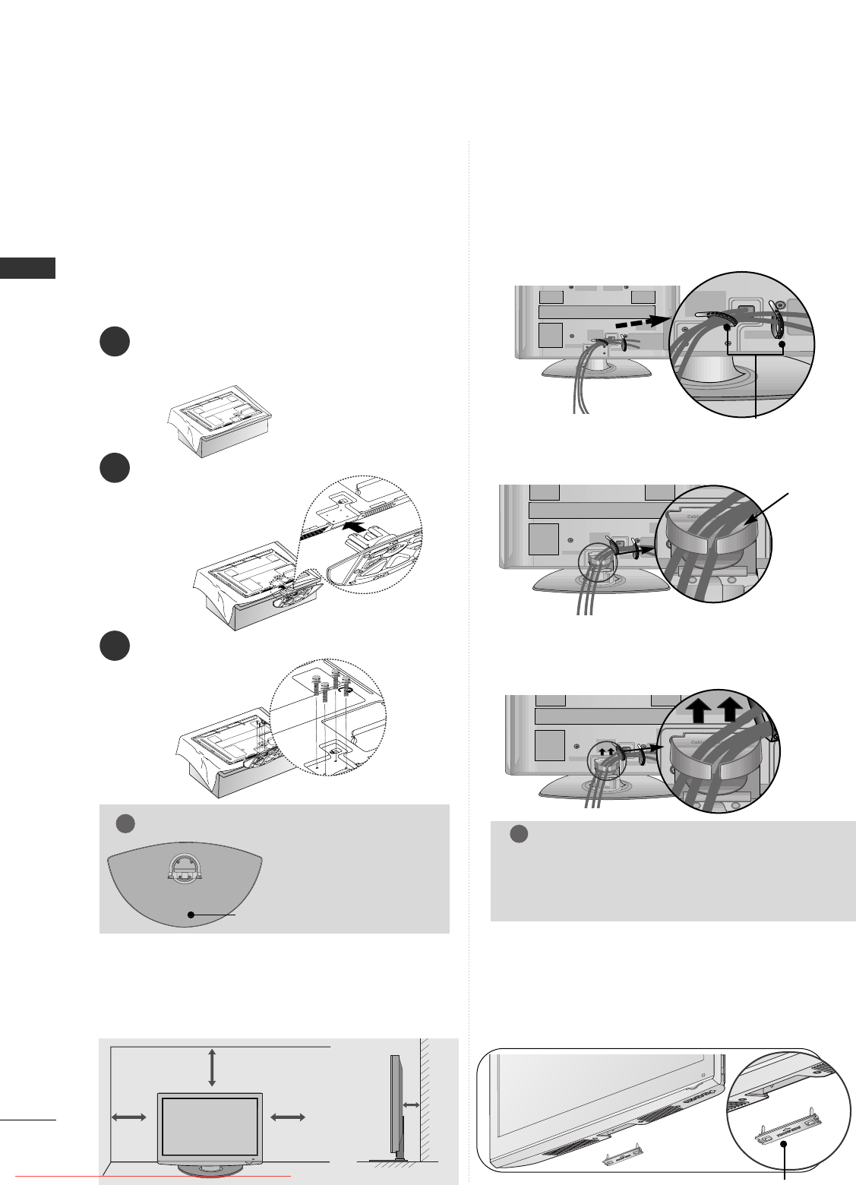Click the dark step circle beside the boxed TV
click(x=114, y=342)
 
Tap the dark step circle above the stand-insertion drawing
click(x=114, y=468)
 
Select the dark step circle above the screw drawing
click(x=114, y=645)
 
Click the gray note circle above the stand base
click(x=125, y=823)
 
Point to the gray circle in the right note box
click(x=518, y=833)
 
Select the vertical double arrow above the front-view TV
click(x=211, y=1067)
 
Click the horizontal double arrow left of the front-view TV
click(x=128, y=1116)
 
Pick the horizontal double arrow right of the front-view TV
click(x=288, y=1116)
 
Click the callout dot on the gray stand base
click(x=191, y=915)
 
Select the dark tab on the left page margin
click(x=27, y=268)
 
